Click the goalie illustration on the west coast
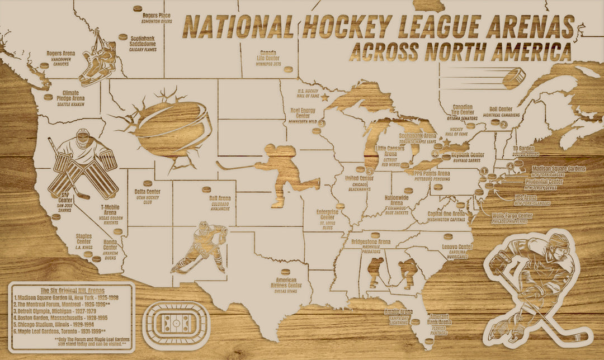(x=84, y=164)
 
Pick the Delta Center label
(x=148, y=195)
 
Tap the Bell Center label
(x=501, y=112)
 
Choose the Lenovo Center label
(x=457, y=249)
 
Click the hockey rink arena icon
(x=176, y=324)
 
